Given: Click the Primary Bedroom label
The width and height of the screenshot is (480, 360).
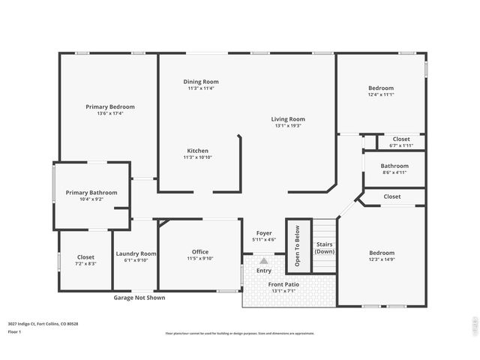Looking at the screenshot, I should coord(109,106).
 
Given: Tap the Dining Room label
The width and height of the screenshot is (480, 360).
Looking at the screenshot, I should coord(201,81).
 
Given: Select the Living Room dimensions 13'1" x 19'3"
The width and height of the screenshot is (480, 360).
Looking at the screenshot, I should coord(288,126).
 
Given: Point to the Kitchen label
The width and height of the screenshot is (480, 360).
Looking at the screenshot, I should coord(197,151).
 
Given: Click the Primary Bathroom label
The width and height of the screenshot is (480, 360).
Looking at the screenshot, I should coord(91,193).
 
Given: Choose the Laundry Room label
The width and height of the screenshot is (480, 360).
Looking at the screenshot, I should coord(136,253).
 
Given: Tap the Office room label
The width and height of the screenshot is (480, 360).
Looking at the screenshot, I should coord(200,252).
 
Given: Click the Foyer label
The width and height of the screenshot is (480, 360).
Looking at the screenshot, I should coord(264,233).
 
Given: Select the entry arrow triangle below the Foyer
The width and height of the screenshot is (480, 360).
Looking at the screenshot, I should coord(264,260).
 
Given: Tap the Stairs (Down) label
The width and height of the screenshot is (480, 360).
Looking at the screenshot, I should coord(324,247).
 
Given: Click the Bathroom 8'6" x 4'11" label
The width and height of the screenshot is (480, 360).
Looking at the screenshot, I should coord(394,166).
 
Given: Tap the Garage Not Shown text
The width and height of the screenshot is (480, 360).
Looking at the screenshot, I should coord(139,298).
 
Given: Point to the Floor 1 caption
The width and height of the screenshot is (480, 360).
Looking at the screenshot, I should coord(15,331).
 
